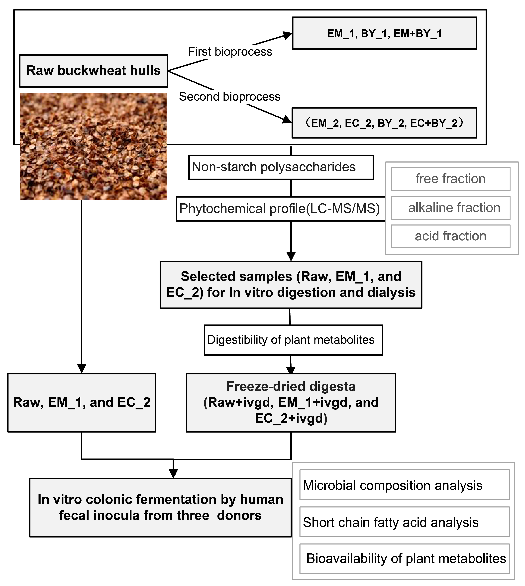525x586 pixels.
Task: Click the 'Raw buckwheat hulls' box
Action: coord(94,71)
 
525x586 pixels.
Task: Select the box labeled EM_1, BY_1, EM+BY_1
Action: coord(384,33)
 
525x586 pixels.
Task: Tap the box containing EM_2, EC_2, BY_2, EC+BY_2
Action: coord(384,123)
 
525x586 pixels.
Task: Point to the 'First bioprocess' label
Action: coord(230,52)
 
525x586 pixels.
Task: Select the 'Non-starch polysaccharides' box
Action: coord(281,167)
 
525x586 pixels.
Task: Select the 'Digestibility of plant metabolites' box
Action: coord(293,340)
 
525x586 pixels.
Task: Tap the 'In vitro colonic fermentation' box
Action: coord(160,507)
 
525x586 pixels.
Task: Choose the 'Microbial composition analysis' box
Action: coord(404,486)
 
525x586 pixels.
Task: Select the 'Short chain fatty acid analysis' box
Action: coord(404,523)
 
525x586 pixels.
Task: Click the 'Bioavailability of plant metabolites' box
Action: coord(404,559)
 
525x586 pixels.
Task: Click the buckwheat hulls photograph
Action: coord(93,147)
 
